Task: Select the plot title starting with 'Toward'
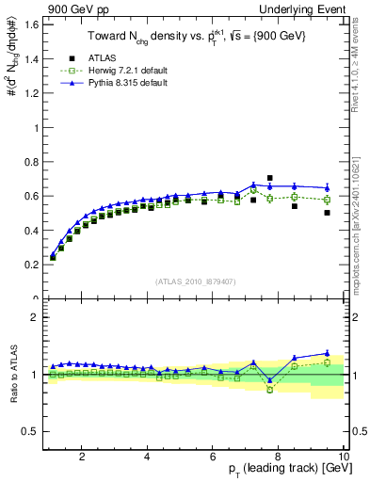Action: coord(195,35)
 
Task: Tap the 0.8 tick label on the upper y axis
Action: coord(33,162)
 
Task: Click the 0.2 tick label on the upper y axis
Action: coord(33,265)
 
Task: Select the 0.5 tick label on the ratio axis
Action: coord(33,431)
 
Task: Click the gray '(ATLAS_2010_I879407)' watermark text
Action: coord(195,281)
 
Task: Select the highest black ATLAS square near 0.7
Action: coord(270,178)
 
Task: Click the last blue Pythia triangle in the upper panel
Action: coord(328,187)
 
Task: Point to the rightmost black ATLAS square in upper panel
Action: coord(328,213)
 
